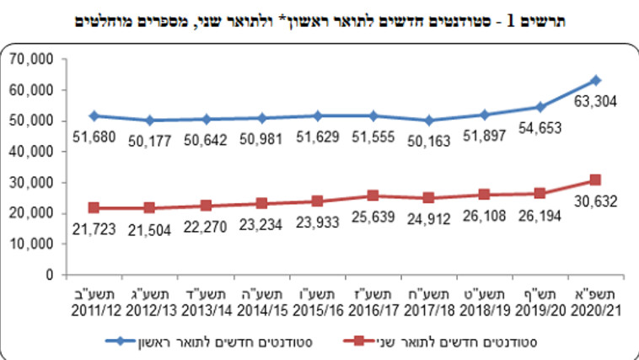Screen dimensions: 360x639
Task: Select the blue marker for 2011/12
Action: (94, 116)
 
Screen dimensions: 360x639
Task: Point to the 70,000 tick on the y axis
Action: (31, 59)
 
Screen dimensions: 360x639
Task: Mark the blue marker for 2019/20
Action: (540, 107)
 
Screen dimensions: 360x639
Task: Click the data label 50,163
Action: (428, 140)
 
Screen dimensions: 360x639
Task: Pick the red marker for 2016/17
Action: (373, 196)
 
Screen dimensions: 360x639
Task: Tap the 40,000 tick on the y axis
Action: (31, 152)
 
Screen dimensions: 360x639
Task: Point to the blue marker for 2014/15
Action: (261, 118)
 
